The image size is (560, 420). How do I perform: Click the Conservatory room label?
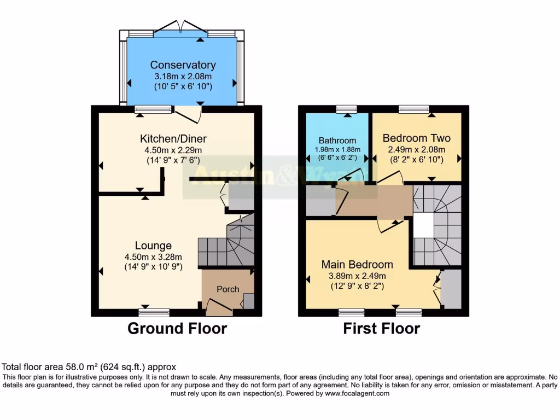(183, 65)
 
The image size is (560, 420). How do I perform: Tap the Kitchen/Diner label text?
(173, 138)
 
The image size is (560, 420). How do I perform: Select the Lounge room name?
(153, 246)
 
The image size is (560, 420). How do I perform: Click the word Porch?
(227, 289)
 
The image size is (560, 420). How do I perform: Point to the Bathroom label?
(337, 141)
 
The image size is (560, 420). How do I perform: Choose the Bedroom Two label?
(416, 138)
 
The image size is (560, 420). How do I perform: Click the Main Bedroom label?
(357, 265)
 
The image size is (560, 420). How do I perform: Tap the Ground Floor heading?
(177, 328)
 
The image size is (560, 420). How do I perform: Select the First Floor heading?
(381, 328)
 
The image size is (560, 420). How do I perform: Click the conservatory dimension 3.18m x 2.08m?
(183, 76)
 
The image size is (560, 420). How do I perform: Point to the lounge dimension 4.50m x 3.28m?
(153, 256)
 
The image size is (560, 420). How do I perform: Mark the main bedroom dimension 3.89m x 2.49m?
(357, 276)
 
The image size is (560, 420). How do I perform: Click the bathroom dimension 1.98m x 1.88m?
(337, 150)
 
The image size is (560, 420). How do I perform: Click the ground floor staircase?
(227, 246)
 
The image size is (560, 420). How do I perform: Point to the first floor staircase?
(437, 224)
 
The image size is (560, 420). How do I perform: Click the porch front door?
(218, 310)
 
